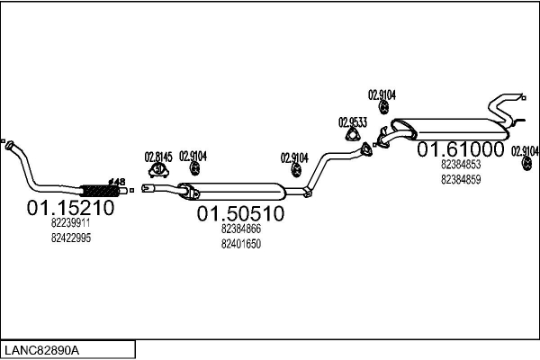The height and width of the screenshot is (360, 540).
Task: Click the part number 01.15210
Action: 70,208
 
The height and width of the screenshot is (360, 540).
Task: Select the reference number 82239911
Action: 70,223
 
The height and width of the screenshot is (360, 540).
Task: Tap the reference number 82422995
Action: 70,238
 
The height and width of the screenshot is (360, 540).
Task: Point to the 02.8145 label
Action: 158,155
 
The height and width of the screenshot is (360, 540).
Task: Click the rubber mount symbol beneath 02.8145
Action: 158,169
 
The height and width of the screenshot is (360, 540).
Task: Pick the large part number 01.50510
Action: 240,213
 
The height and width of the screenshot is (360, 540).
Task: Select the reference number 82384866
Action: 240,229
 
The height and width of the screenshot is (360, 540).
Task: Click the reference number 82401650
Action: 240,243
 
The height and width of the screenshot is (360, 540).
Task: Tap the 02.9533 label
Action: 352,121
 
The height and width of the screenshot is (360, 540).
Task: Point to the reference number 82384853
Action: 460,165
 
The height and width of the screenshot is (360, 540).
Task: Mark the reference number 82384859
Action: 460,179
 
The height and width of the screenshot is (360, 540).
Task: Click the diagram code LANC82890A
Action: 42,349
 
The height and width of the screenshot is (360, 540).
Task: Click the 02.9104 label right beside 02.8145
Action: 193,155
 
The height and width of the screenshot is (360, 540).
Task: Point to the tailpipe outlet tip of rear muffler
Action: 523,96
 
